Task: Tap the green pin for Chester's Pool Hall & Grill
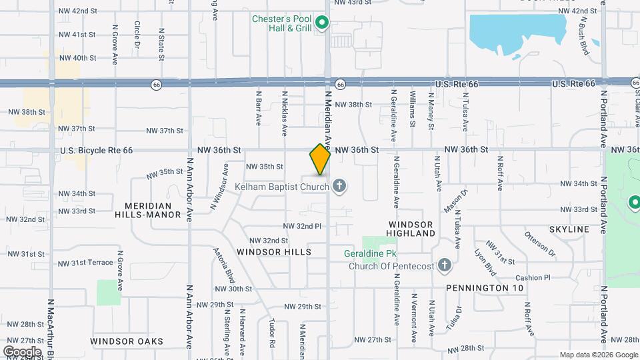(322, 24)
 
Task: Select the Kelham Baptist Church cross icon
(339, 186)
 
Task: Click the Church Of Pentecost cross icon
(445, 265)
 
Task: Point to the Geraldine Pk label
(366, 253)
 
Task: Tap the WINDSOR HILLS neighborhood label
(273, 252)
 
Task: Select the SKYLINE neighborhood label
(569, 229)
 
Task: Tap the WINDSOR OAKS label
(127, 341)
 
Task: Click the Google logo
(22, 351)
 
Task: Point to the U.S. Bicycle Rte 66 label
(96, 151)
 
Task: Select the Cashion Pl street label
(533, 277)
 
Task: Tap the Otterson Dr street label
(539, 244)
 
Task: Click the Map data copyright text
(597, 355)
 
